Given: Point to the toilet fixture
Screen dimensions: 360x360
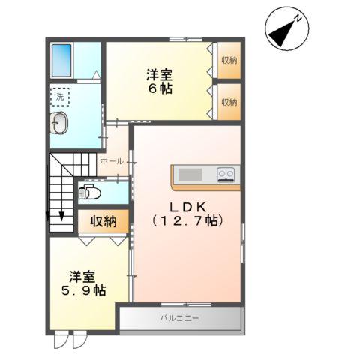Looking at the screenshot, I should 91,193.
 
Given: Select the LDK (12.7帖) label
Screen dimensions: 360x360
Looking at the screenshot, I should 187,214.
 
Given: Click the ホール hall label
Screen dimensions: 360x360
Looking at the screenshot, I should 111,161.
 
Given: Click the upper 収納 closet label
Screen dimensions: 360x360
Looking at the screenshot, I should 228,61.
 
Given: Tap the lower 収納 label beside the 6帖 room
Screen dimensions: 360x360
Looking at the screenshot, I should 228,101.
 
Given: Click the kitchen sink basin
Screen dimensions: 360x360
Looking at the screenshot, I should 189,175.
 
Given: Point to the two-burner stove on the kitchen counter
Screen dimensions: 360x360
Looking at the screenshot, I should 226,175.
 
